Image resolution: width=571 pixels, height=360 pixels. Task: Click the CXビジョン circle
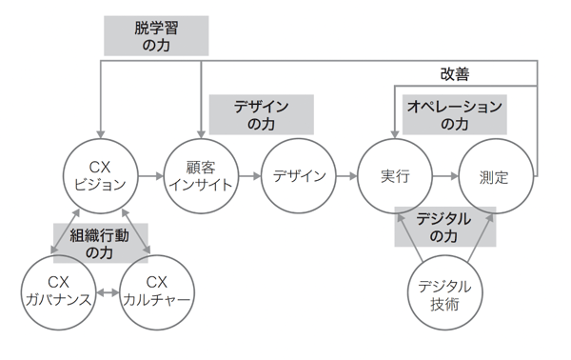point(100,176)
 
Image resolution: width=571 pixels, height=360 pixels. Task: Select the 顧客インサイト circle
point(199,176)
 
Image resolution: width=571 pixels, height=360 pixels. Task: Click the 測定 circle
point(495,176)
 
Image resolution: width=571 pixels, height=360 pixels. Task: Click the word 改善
point(454,73)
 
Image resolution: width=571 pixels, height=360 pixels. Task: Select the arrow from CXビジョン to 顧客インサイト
point(149,176)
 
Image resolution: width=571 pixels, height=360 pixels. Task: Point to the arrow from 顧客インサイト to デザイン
point(248,176)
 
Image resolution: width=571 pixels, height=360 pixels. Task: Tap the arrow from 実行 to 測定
point(444,176)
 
